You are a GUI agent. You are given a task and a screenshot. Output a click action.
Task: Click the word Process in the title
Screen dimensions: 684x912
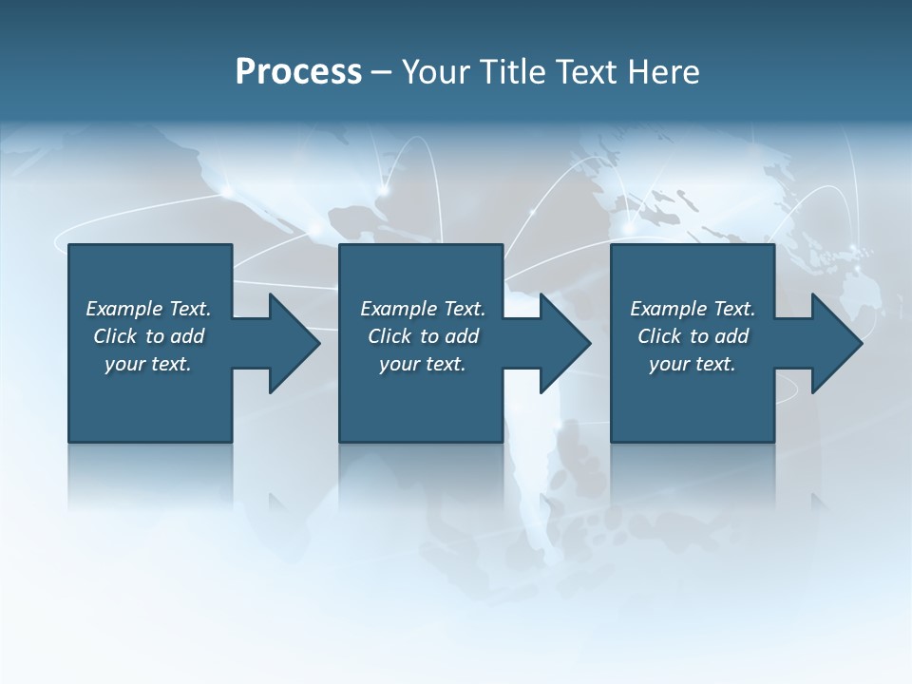[298, 72]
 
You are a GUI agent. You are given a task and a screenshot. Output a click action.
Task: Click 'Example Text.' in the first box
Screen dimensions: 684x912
[148, 309]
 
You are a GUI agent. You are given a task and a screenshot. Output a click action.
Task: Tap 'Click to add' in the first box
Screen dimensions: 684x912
[148, 336]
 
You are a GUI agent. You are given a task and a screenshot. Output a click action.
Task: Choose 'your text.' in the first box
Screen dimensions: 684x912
[148, 364]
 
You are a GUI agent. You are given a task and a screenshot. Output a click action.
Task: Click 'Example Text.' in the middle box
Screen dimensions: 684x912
[423, 309]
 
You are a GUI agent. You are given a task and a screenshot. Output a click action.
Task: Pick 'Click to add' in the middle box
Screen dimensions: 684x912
[423, 336]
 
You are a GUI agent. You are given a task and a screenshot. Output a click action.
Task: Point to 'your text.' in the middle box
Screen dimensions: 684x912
[423, 364]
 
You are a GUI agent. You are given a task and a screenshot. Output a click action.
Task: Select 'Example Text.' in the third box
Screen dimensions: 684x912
[693, 309]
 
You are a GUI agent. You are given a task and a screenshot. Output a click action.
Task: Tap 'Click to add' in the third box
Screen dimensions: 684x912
[693, 336]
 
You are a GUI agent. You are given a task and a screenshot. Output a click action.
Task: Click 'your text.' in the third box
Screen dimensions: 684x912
[693, 364]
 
